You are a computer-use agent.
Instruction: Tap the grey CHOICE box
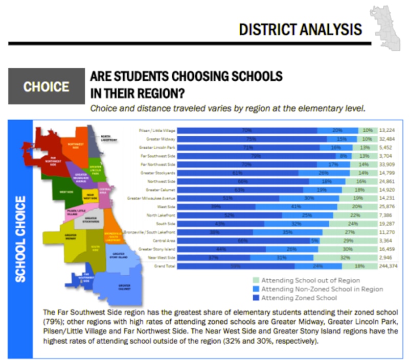[46, 86]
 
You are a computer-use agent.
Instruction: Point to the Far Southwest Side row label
[160, 156]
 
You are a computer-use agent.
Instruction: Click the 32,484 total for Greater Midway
[390, 139]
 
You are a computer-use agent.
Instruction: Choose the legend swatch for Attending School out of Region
[256, 280]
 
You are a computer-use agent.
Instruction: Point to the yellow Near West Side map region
[89, 196]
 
